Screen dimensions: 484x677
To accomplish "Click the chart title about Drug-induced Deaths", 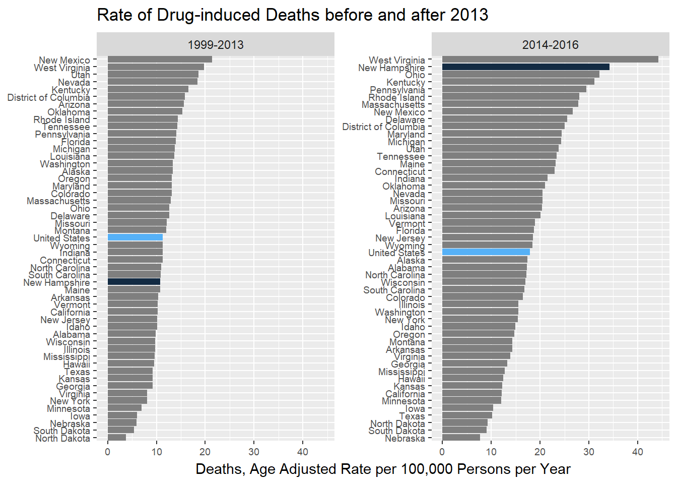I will (x=292, y=15).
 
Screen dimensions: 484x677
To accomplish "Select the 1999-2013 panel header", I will (x=216, y=45).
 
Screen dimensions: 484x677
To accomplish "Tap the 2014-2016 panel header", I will (x=550, y=45).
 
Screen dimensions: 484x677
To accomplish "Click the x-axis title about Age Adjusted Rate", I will (x=383, y=469).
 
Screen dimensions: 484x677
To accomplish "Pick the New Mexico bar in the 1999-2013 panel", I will (x=160, y=59).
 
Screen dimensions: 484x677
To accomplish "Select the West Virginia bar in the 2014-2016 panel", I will (x=550, y=59).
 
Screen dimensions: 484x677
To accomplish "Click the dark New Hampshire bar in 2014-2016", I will (x=526, y=67).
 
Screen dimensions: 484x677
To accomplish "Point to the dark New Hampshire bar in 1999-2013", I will (x=134, y=282).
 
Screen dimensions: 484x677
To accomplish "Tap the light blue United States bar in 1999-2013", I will (x=135, y=237).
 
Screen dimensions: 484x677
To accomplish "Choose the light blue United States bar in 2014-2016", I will (x=486, y=252).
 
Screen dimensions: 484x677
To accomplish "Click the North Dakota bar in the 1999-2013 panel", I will (x=117, y=438).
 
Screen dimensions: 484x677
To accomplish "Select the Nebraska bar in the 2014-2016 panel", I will (x=461, y=438).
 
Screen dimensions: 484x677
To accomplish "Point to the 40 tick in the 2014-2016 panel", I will (x=638, y=452).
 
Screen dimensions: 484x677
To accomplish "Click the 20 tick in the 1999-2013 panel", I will (x=205, y=452).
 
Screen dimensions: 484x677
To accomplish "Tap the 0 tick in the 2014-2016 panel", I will (x=442, y=452).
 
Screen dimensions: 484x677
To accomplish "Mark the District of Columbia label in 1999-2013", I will (x=48, y=97).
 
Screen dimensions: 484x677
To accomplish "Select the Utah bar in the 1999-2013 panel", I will (x=153, y=75).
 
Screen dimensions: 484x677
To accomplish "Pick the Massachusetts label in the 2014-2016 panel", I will (x=393, y=104).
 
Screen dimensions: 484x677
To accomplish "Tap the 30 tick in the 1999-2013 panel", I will (x=254, y=452).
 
